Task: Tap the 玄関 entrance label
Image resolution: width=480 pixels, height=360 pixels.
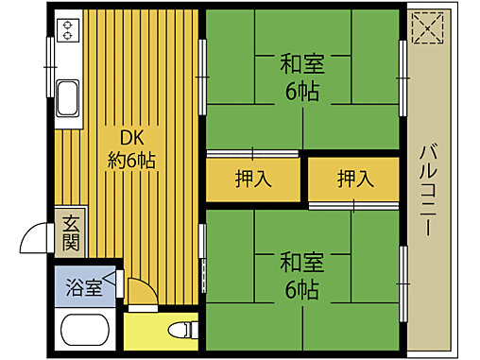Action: click(x=72, y=233)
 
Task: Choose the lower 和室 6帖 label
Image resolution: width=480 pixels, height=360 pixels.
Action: click(x=302, y=274)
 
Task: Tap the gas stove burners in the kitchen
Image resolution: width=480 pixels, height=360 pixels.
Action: click(x=68, y=30)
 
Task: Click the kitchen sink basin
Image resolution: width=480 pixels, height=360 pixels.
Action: click(x=69, y=95)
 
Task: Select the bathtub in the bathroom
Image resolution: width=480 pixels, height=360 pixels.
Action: click(x=86, y=332)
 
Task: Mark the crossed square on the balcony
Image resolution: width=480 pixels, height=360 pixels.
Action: click(x=428, y=27)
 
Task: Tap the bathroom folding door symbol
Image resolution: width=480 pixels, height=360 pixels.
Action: click(x=116, y=280)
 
